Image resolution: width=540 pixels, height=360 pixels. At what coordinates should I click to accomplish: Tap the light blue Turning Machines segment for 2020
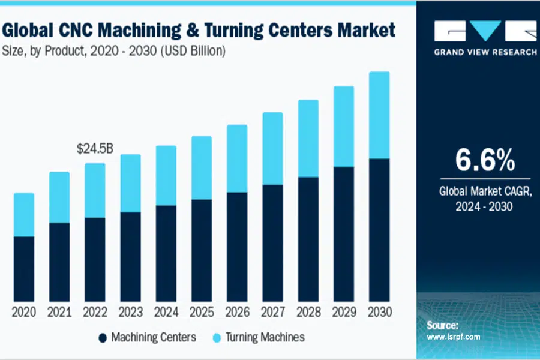tap(23, 215)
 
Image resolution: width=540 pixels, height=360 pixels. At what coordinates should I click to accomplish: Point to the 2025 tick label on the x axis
tap(201, 313)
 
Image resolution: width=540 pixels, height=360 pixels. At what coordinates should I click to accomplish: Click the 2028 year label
tap(307, 313)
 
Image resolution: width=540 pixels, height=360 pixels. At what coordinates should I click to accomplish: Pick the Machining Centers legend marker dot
tap(103, 337)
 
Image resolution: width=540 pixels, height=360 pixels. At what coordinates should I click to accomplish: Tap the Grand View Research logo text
tap(485, 52)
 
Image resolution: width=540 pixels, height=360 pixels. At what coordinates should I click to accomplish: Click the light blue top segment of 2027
tap(272, 148)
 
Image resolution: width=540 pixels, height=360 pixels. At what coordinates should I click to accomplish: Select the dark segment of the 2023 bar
tap(130, 256)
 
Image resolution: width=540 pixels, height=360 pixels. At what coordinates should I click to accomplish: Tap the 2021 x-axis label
tap(59, 313)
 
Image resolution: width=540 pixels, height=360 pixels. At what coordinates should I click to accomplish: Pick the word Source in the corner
tap(443, 325)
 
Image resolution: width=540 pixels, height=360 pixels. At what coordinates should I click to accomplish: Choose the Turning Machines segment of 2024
tap(166, 175)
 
